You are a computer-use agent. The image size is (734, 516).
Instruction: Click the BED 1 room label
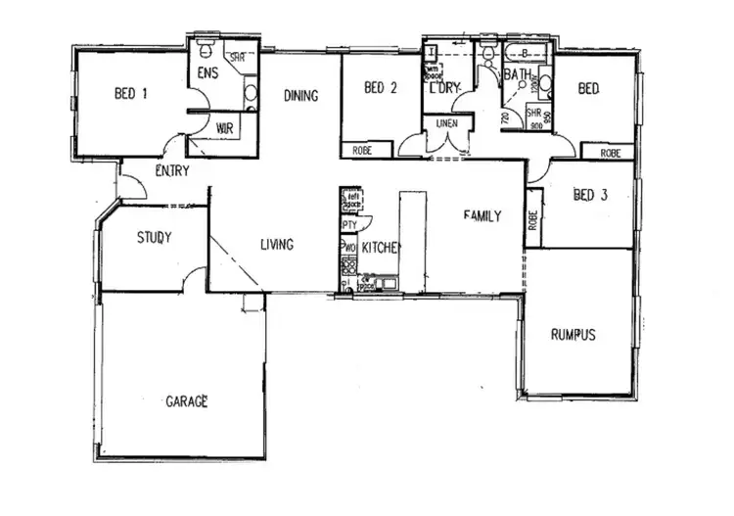(131, 94)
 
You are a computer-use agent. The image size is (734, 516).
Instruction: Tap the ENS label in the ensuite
(206, 73)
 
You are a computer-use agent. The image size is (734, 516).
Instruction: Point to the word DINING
(300, 95)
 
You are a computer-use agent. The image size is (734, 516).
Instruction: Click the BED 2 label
(380, 88)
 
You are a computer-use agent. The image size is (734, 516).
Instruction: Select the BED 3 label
(591, 195)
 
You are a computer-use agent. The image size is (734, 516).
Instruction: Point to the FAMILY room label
(482, 215)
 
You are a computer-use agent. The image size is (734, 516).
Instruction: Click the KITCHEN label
(382, 249)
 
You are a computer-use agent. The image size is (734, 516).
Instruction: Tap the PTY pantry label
(348, 224)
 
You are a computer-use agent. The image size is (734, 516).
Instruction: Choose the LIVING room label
(277, 245)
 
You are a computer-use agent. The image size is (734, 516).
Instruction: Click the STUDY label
(155, 237)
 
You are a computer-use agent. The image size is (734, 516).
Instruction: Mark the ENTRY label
(172, 171)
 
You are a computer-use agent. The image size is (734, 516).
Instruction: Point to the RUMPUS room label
(573, 334)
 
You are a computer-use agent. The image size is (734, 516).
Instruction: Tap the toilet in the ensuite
(206, 48)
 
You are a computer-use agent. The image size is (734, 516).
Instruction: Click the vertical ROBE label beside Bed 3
(533, 217)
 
